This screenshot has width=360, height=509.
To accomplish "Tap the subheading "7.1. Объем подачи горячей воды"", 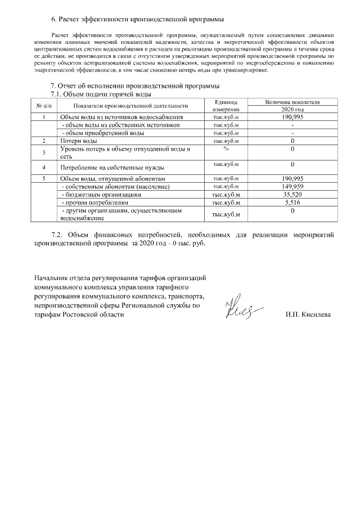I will pos(101,94).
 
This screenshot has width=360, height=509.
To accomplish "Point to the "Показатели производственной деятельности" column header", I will pos(130,106).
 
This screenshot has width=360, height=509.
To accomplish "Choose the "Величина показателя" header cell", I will pos(292,102).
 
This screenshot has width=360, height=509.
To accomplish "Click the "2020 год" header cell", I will pos(292,109).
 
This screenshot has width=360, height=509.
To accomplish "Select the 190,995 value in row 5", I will pos(292,179).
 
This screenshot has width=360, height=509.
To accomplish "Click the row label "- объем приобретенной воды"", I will pos(102,133).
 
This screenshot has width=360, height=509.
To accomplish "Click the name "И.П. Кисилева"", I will pos(308,315).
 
